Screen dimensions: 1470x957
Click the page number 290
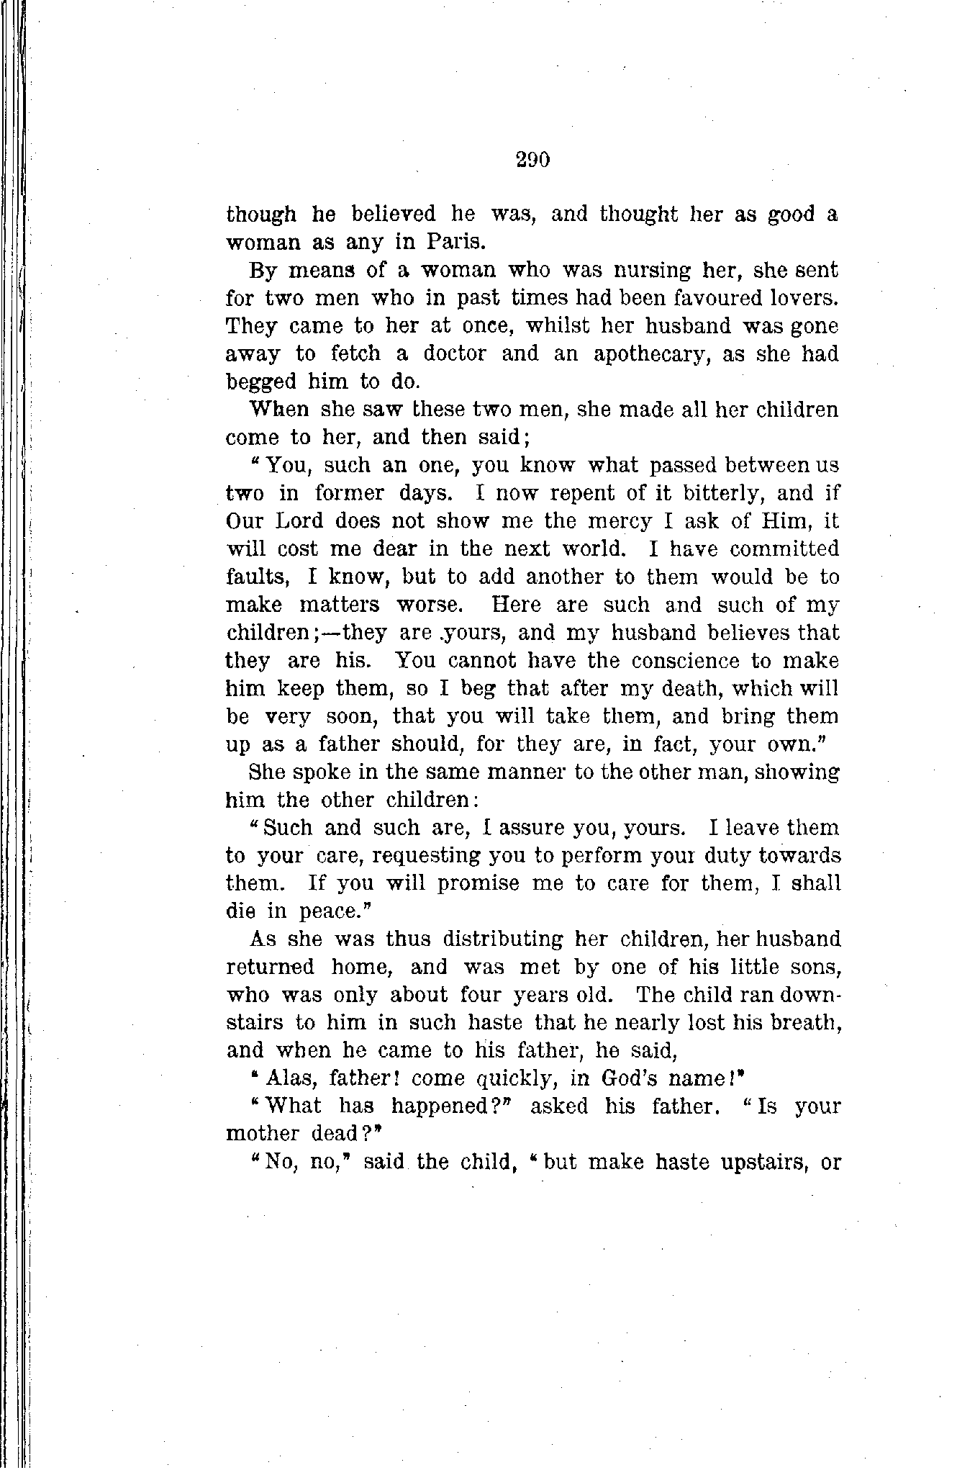(532, 159)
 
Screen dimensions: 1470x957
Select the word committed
(784, 549)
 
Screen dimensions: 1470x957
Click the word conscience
(674, 661)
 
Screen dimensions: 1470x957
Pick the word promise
(478, 884)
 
